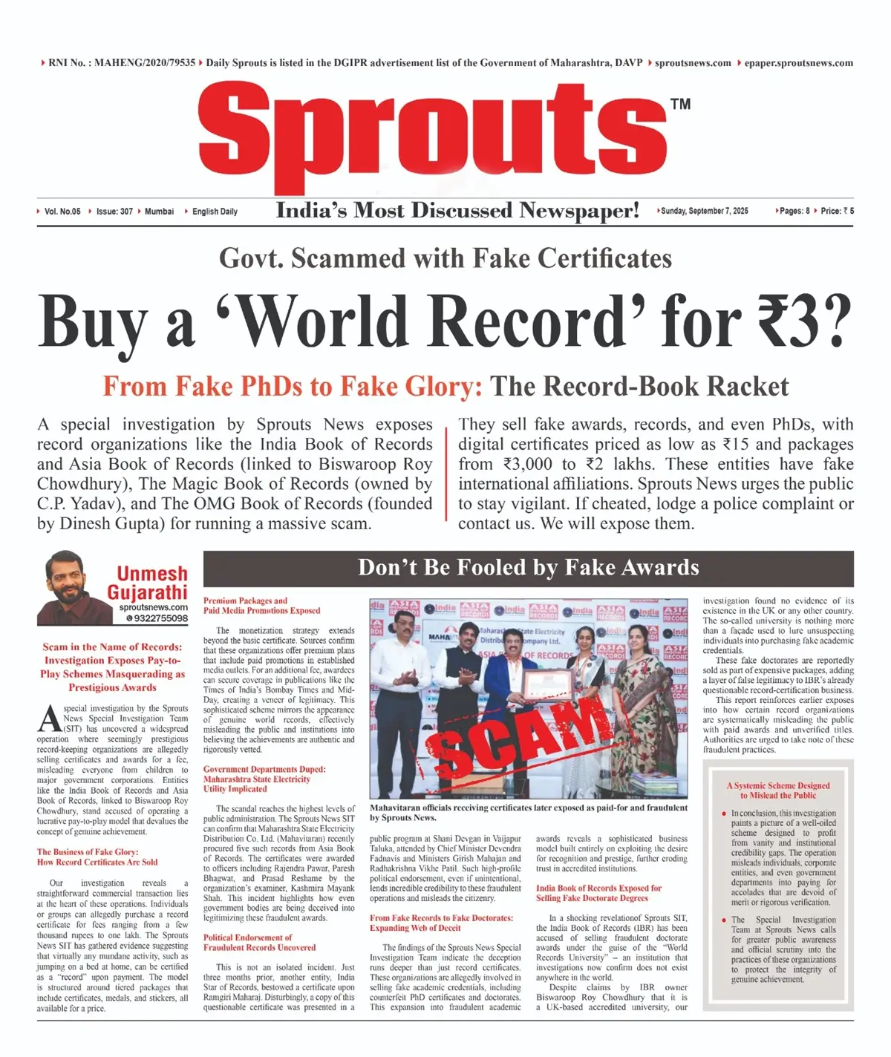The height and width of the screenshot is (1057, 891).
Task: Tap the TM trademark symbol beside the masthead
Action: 680,104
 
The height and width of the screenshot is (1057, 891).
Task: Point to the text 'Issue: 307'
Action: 114,212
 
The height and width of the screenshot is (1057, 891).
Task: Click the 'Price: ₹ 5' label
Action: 838,212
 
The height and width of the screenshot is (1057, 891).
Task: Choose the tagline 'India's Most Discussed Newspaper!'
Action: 457,211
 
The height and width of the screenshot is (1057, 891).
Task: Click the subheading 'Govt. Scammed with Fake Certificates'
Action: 445,258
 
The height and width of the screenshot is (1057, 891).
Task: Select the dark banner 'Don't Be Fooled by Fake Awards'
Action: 528,568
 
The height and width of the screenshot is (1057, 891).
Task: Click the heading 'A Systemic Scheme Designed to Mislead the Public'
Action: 777,790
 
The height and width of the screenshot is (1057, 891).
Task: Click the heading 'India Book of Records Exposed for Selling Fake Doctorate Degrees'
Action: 598,893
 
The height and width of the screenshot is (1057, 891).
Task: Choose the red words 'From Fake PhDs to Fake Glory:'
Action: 293,387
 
